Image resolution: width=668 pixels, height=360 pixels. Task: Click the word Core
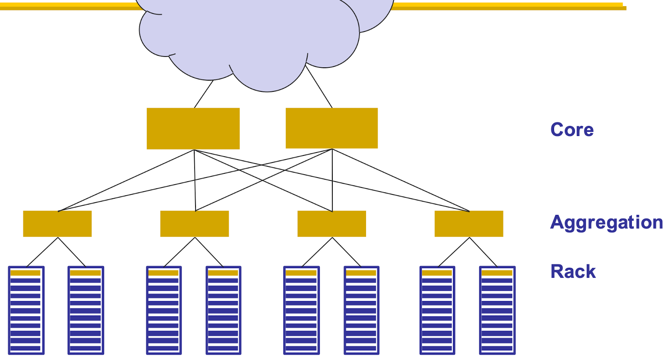tap(572, 130)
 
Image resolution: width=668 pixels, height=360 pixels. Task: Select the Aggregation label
tap(606, 223)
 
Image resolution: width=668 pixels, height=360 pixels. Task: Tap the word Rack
tap(573, 271)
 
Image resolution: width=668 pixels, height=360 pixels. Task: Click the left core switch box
tap(193, 128)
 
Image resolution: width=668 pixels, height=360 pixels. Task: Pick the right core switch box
tap(332, 128)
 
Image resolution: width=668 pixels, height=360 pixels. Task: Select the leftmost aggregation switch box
tap(57, 224)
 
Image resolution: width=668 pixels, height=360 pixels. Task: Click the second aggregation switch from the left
tap(194, 224)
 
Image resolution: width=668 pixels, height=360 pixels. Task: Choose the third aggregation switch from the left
tap(332, 224)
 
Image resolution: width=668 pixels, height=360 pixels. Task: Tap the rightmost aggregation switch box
tap(469, 224)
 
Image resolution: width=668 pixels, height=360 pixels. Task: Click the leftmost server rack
tap(26, 310)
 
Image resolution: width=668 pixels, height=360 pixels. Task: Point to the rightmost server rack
tap(497, 310)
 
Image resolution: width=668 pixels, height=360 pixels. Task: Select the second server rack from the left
tap(86, 310)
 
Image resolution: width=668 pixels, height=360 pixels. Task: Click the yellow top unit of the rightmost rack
tap(497, 273)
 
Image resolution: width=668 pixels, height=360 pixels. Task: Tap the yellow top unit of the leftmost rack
tap(25, 273)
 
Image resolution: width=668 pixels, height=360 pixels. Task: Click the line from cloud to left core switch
tap(204, 94)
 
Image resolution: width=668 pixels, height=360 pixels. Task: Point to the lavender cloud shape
tap(258, 37)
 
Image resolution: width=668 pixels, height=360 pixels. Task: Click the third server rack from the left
tap(164, 310)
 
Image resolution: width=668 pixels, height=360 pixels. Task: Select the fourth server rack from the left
tap(223, 310)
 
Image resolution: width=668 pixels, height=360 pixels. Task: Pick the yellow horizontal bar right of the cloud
tap(507, 6)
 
